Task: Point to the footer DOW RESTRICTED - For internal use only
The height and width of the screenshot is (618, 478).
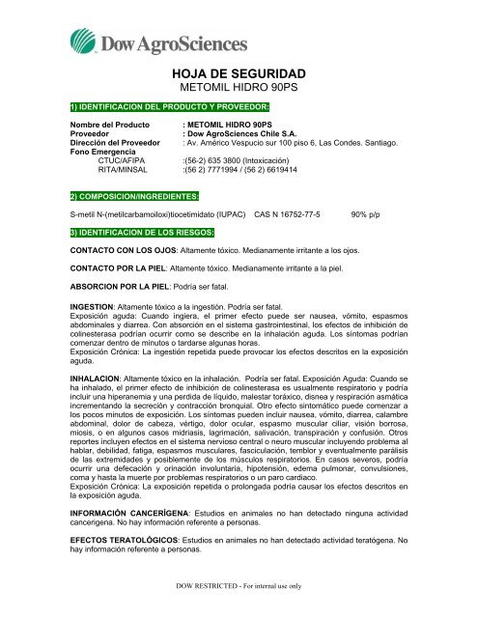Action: click(x=238, y=611)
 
